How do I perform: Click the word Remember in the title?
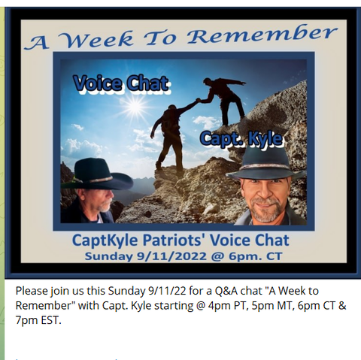click(x=262, y=36)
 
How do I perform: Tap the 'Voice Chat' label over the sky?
click(x=121, y=83)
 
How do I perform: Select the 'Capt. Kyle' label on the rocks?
click(x=241, y=138)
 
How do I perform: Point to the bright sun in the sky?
click(x=135, y=107)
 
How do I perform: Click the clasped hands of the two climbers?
click(x=199, y=100)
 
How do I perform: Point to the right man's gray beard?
click(x=266, y=210)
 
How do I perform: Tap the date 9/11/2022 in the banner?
click(x=171, y=256)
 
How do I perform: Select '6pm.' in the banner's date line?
click(x=241, y=257)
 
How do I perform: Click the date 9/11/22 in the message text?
click(x=167, y=291)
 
